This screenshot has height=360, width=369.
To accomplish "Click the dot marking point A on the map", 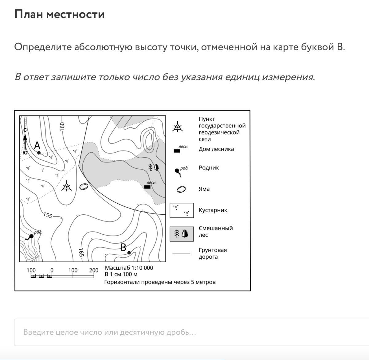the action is (39, 153).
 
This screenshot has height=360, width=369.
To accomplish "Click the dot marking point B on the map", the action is (129, 253).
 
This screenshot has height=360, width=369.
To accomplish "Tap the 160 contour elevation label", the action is (62, 126).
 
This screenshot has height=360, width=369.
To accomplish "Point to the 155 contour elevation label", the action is (48, 215).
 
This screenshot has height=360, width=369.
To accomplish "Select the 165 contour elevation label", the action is (81, 252).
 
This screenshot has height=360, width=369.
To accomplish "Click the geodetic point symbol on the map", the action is (66, 186).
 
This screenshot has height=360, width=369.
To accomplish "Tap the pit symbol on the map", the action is (84, 186).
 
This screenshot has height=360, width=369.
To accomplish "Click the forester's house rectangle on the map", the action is (147, 187).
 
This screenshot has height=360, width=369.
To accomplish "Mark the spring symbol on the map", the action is (31, 237).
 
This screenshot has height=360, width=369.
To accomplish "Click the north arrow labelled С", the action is (25, 140).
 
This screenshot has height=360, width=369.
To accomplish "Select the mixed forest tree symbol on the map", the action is (153, 167).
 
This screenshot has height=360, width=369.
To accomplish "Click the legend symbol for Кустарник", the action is (182, 210).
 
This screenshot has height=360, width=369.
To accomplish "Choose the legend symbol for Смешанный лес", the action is (182, 234).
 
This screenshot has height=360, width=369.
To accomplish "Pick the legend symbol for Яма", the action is (181, 189).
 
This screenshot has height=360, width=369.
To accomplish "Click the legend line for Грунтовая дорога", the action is (181, 253).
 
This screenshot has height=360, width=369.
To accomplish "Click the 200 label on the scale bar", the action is (94, 270).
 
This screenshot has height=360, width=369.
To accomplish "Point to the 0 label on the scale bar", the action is (52, 270).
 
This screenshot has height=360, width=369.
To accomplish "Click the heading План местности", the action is (60, 14).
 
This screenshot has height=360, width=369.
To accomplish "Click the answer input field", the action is (190, 332).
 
